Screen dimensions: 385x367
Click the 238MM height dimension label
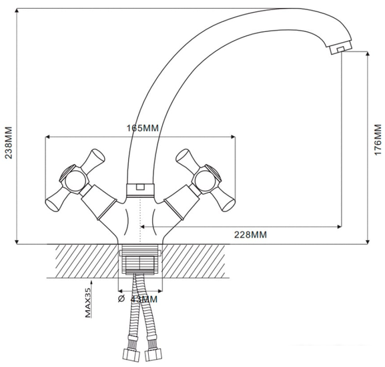[x=9, y=143]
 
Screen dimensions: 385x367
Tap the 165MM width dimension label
[x=143, y=128]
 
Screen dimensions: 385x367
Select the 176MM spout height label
[x=378, y=139]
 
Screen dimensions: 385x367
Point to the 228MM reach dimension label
[x=250, y=235]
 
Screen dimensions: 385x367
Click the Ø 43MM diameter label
[x=137, y=299]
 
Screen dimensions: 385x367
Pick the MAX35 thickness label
[x=87, y=303]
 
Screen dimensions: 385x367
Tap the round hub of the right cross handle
[x=206, y=178]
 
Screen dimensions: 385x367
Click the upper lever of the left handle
[x=94, y=159]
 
